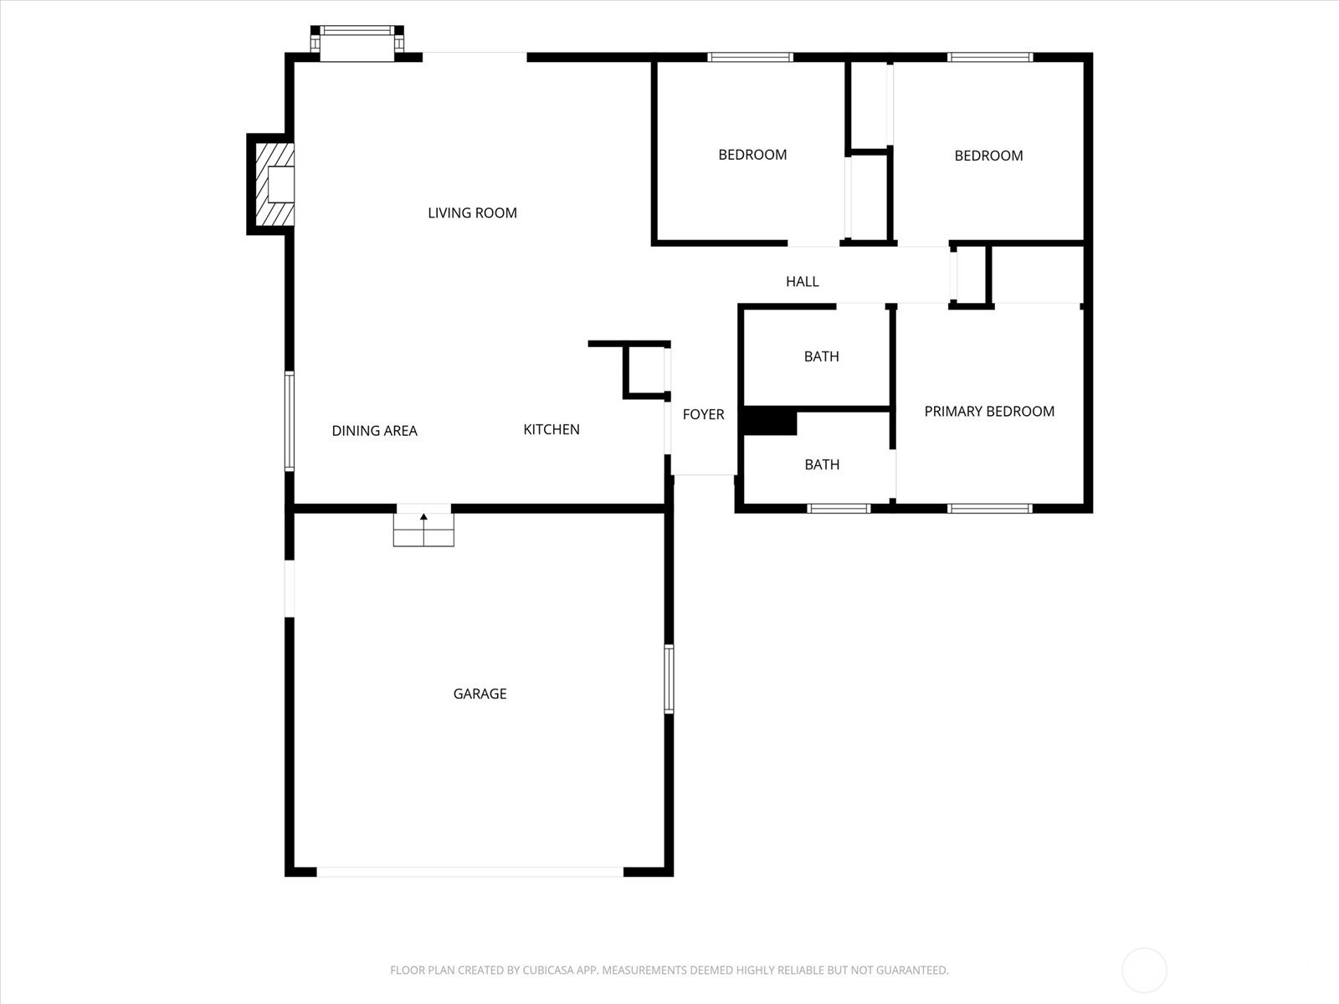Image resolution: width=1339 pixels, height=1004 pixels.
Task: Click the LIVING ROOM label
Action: pos(472,213)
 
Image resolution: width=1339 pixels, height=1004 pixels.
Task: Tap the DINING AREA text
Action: pos(375,431)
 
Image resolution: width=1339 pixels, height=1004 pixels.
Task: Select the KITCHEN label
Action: pos(552,430)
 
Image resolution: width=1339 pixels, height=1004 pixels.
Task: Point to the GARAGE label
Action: pos(480,694)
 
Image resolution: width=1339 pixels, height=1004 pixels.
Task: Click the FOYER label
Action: pos(703,414)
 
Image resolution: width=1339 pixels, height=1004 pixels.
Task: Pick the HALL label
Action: pos(803,282)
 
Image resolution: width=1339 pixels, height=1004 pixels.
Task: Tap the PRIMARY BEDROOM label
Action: pos(989,412)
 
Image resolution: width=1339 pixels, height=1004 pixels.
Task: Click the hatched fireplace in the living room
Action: pos(274,184)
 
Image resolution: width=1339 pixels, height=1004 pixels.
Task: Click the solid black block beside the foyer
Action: pos(770,421)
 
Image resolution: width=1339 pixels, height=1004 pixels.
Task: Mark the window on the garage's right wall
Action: pos(669,679)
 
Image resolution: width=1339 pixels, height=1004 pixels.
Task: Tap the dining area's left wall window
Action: pos(290,421)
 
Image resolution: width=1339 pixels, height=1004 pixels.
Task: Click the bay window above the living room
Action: pos(357,43)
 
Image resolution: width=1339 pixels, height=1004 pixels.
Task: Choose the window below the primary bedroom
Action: pos(990,509)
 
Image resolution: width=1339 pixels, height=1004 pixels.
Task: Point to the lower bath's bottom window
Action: pos(839,509)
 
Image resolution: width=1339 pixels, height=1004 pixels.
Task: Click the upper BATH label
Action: pos(822,356)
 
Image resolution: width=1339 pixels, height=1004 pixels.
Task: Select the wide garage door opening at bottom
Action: pos(469,872)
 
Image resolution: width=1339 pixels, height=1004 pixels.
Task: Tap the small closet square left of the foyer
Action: pos(647,370)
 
